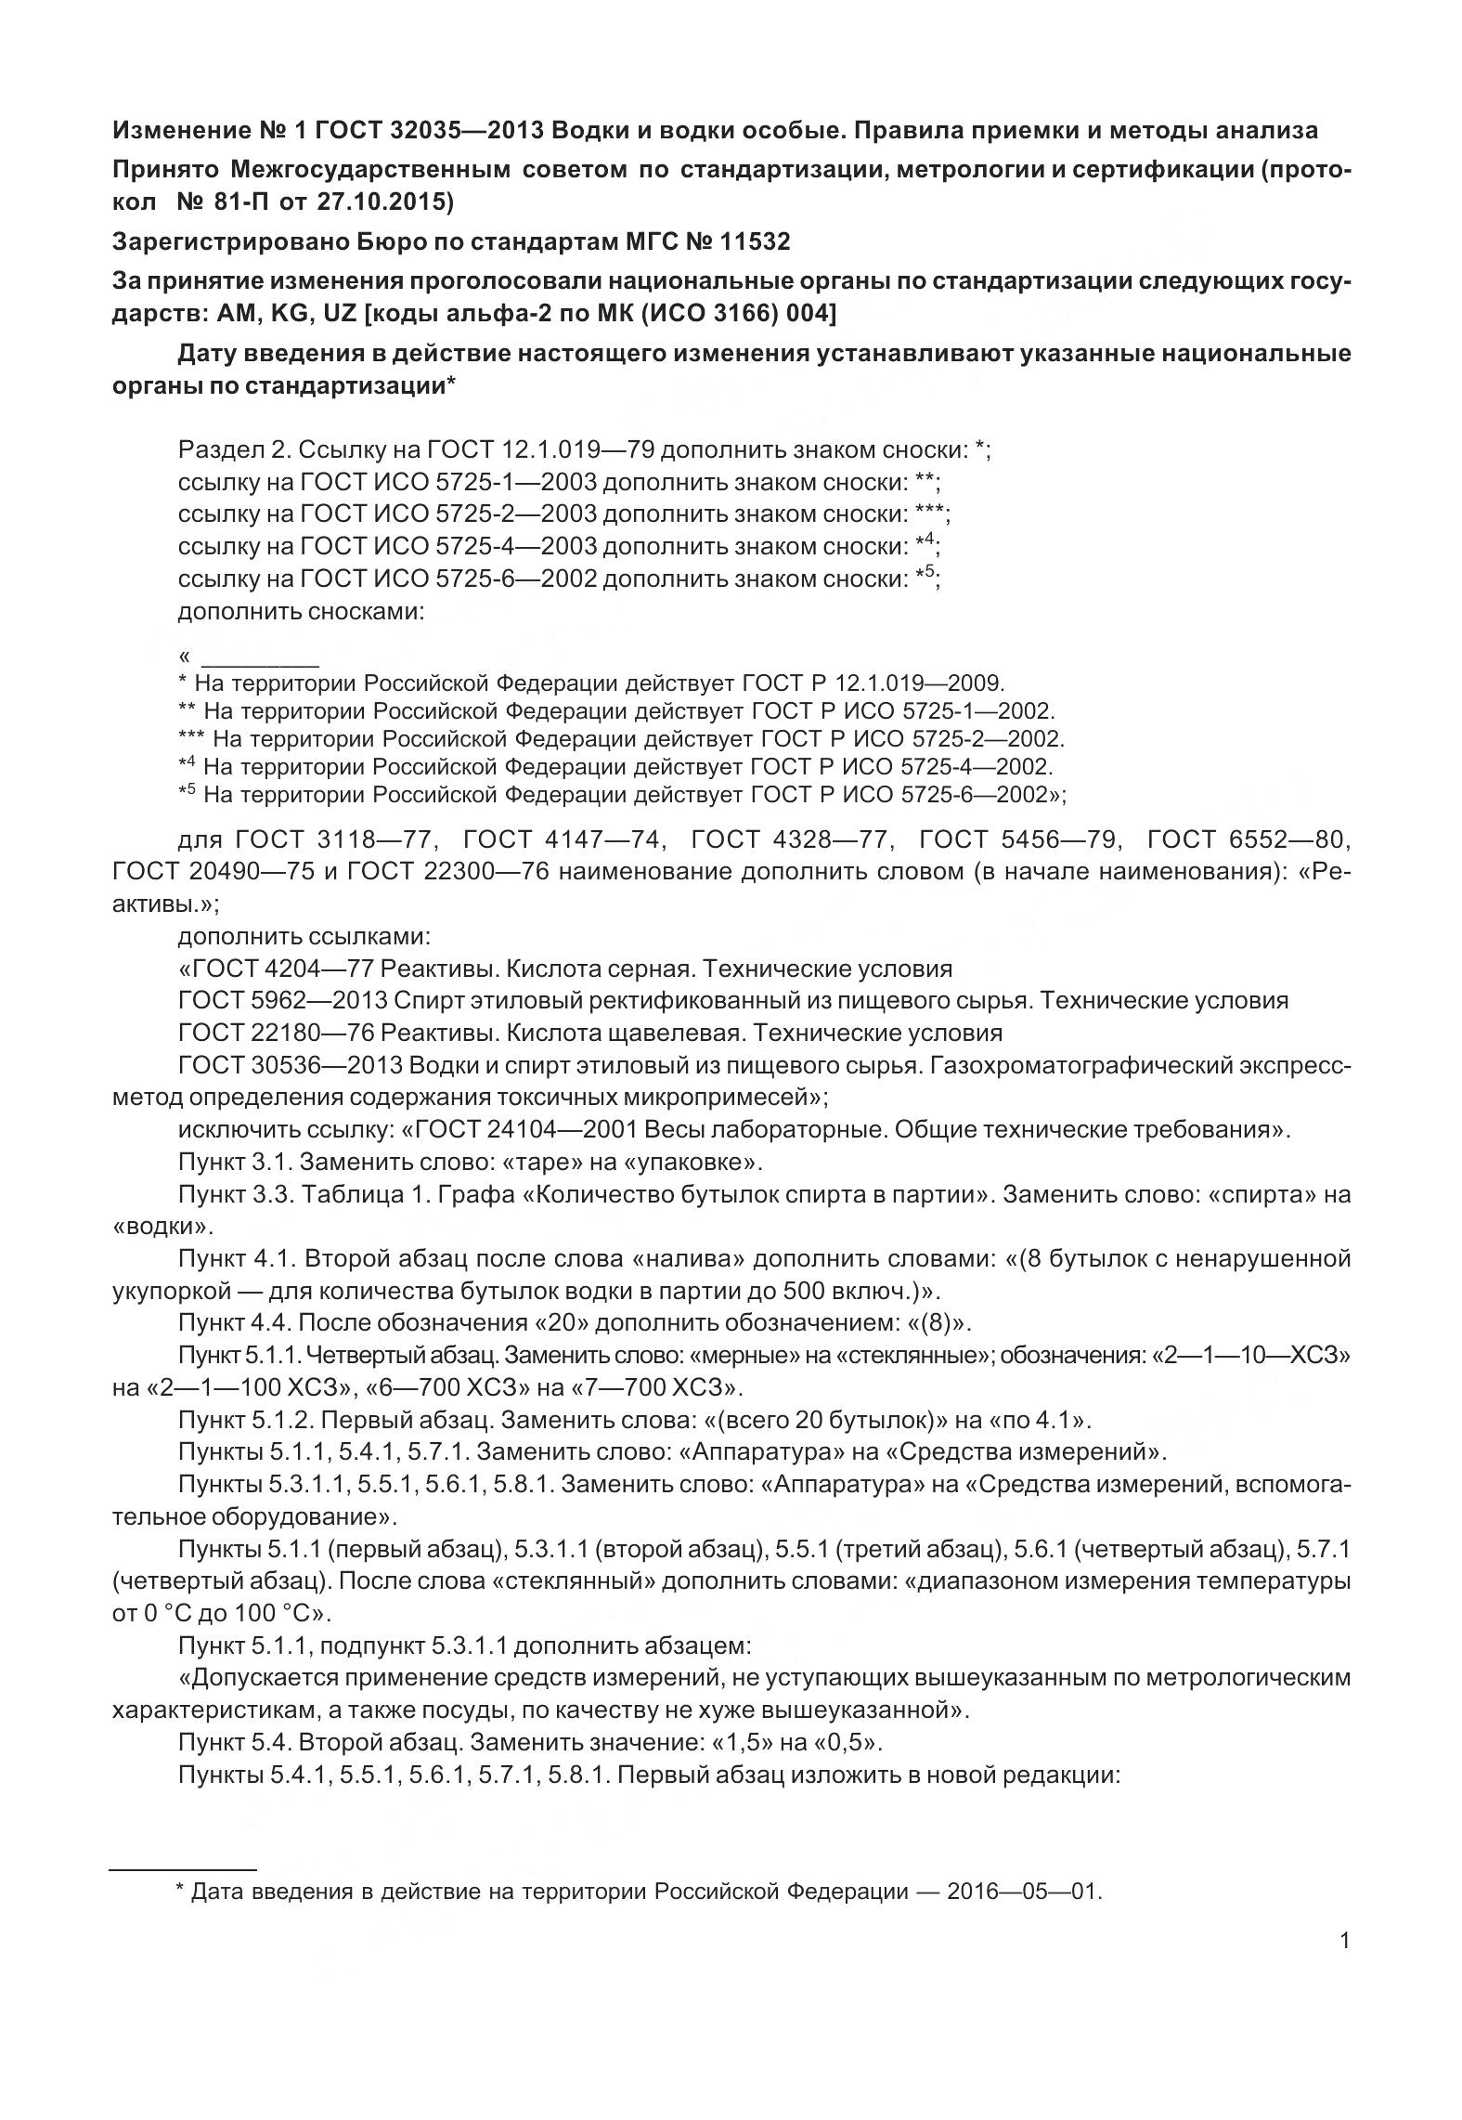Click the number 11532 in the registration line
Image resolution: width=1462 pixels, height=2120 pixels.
(x=755, y=242)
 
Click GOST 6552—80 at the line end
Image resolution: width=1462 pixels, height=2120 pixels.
(x=1249, y=840)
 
